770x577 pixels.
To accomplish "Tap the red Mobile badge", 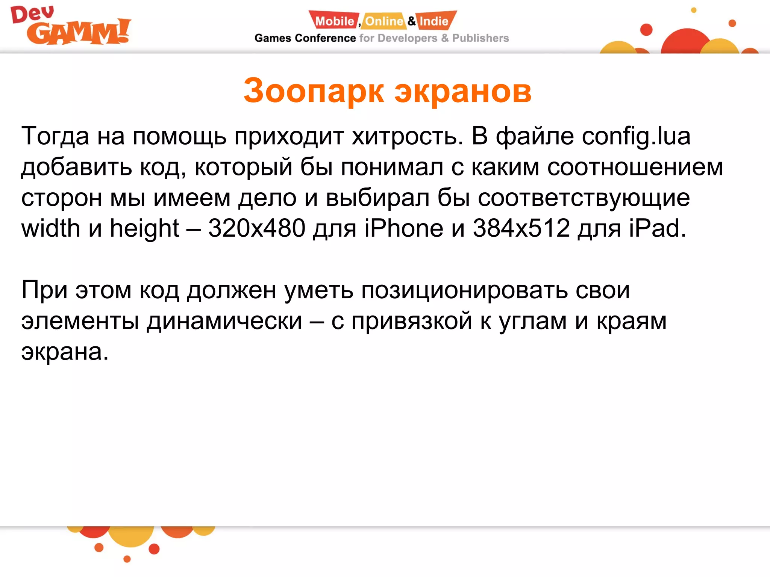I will [334, 21].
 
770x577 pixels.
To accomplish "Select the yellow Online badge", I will [384, 21].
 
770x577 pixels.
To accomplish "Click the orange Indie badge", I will [435, 21].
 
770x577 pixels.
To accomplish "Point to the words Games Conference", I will [305, 38].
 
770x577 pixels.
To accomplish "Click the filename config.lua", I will [636, 136].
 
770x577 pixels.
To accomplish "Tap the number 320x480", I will [256, 228].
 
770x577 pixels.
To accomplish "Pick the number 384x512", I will [521, 228].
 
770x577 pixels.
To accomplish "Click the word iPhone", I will [404, 228].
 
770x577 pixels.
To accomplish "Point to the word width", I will [51, 228].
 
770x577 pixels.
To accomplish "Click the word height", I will [144, 229].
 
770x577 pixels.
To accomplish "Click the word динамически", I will [224, 321].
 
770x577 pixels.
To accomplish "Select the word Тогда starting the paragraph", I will [55, 136].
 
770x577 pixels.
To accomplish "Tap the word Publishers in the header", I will [480, 38].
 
